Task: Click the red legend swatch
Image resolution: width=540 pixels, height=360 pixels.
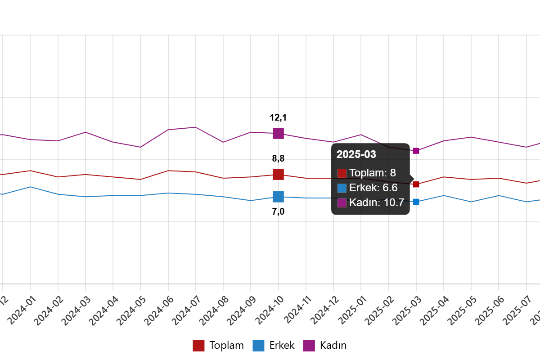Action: pos(198,346)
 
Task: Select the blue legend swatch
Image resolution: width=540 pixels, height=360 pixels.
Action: pos(258,346)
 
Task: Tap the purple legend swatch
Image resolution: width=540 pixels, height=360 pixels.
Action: pos(309,346)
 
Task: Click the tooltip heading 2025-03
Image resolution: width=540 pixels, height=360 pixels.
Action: pos(356,154)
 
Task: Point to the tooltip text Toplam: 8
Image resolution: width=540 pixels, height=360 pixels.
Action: pos(373,173)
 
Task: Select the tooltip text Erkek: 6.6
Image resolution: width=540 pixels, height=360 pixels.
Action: pos(373,188)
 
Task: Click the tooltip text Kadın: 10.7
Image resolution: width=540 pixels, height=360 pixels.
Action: pos(377,202)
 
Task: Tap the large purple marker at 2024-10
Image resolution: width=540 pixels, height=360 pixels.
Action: pos(279,133)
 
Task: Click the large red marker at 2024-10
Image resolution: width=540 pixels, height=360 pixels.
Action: pos(279,174)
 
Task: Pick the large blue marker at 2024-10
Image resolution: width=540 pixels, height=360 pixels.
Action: pos(279,197)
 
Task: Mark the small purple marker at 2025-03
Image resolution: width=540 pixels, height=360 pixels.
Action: pos(416,151)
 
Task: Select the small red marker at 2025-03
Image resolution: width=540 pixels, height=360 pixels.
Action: pos(416,184)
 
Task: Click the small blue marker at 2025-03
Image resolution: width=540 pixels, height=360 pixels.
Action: pos(416,202)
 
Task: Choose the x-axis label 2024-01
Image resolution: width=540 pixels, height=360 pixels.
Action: pos(22,310)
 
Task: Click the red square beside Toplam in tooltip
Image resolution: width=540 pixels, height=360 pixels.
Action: pos(342,173)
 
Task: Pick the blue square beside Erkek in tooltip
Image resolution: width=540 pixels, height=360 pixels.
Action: pos(342,188)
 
